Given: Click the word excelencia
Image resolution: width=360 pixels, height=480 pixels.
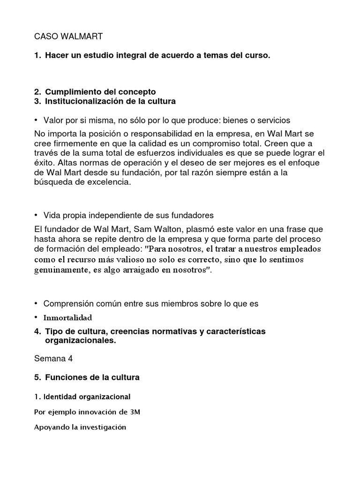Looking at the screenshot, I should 106,183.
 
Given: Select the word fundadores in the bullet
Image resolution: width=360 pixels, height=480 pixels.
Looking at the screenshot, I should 192,215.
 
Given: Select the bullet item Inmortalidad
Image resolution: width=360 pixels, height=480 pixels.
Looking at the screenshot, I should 67,317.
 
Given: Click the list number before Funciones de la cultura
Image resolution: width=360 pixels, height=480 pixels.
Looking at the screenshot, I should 37,377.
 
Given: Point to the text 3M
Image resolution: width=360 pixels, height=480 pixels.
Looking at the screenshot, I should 135,412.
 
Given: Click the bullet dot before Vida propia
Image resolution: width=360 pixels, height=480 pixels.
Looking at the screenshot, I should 36,215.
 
